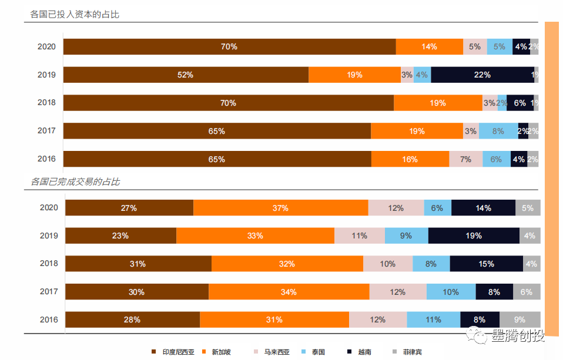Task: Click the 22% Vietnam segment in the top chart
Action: pyautogui.click(x=482, y=75)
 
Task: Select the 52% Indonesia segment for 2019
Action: pyautogui.click(x=186, y=75)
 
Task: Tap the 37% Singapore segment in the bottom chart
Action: pyautogui.click(x=280, y=208)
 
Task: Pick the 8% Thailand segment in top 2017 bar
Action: pyautogui.click(x=498, y=131)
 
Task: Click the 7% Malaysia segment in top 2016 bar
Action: pyautogui.click(x=465, y=159)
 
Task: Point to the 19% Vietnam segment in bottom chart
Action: pyautogui.click(x=474, y=235)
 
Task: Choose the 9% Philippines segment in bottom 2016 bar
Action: pyautogui.click(x=520, y=319)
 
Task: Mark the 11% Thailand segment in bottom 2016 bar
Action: pyautogui.click(x=433, y=319)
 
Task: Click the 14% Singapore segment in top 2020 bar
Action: pyautogui.click(x=429, y=46)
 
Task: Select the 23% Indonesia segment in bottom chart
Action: pyautogui.click(x=120, y=235)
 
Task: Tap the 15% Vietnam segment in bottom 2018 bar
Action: pyautogui.click(x=486, y=264)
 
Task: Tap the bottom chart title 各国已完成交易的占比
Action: pyautogui.click(x=75, y=182)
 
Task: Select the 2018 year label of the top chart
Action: pyautogui.click(x=46, y=103)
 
